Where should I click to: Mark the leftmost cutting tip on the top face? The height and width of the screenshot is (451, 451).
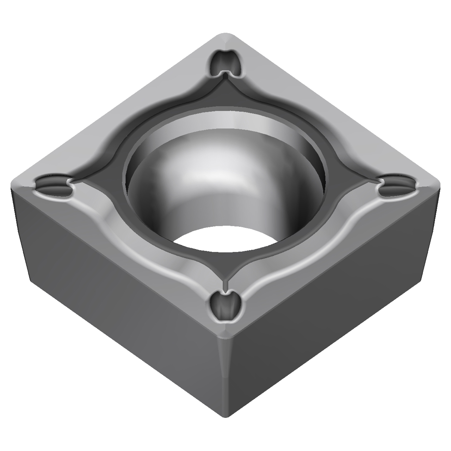click(x=14, y=185)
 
